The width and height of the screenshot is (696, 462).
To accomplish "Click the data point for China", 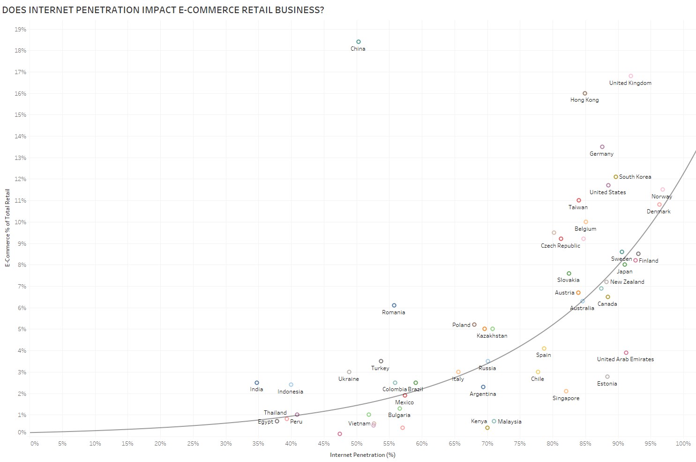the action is (358, 42).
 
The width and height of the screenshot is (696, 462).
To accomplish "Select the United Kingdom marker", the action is (631, 76).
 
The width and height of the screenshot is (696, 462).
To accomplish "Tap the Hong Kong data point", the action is (585, 93).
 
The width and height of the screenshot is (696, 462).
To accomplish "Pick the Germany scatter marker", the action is (602, 147).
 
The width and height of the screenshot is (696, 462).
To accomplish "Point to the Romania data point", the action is (394, 305).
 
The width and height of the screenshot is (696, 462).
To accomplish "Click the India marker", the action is (257, 383).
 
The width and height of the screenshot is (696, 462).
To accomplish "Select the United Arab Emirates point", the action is (626, 353).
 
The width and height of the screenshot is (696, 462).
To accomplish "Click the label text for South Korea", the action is (635, 177).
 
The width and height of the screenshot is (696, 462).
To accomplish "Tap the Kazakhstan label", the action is (492, 336).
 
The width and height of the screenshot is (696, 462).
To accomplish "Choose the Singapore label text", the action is (566, 398).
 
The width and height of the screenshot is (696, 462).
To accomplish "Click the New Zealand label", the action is (627, 282).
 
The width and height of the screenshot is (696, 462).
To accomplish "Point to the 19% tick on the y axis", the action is (20, 29).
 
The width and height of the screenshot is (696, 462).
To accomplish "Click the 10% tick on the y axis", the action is (20, 222).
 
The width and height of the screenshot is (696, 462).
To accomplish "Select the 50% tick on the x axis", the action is (356, 444).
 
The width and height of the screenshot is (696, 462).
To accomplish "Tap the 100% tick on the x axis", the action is (683, 444).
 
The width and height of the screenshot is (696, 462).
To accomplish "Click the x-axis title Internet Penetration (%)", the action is (363, 455).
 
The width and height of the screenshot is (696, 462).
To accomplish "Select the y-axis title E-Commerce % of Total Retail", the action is (7, 228).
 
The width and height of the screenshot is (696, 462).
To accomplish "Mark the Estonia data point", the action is (607, 377).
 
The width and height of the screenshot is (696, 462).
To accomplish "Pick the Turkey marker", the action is (381, 361).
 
